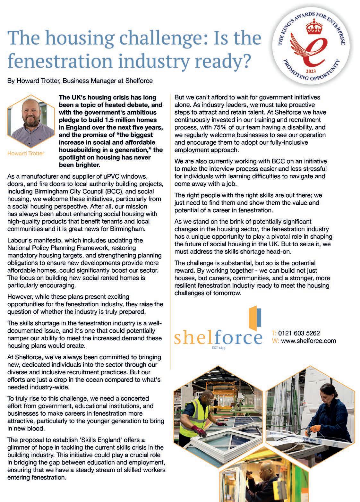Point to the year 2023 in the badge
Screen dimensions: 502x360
(x=311, y=70)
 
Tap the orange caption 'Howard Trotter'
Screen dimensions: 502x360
(x=26, y=154)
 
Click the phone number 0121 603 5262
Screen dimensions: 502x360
(x=299, y=333)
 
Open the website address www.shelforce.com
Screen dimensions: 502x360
(x=308, y=341)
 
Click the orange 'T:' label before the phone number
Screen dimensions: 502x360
(x=274, y=333)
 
